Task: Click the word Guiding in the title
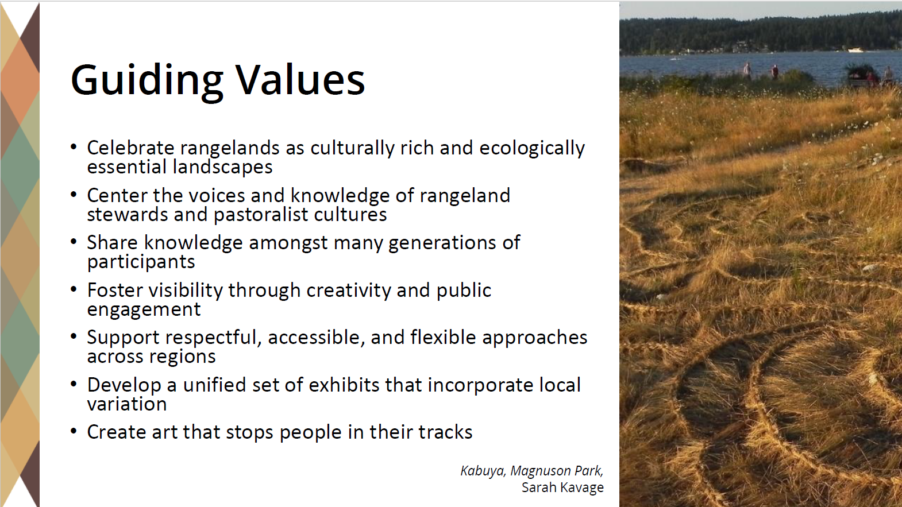[147, 82]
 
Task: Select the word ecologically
[532, 149]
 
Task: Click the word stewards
[127, 214]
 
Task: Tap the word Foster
[114, 290]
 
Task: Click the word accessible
[316, 338]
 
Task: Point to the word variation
[127, 404]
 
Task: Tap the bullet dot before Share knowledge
[74, 241]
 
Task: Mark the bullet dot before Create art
[74, 431]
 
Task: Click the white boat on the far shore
[855, 50]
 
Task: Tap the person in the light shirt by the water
[747, 71]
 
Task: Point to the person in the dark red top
[775, 72]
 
